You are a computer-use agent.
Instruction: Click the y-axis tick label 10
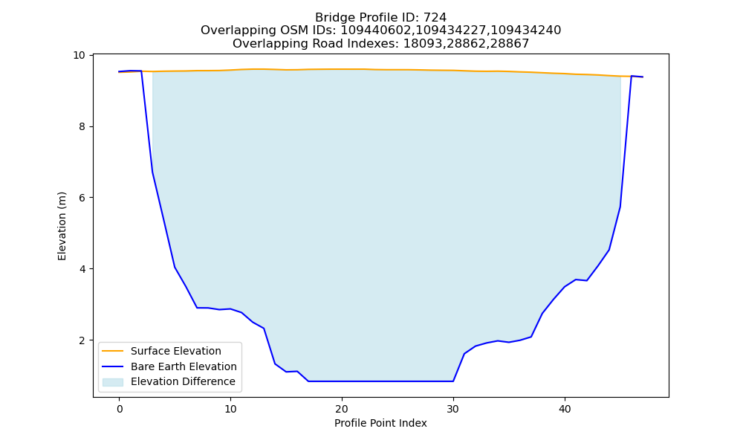coord(79,56)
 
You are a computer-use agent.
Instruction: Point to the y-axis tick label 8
coord(82,126)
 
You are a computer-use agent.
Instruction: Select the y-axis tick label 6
coord(82,198)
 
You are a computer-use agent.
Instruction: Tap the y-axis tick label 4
coord(82,269)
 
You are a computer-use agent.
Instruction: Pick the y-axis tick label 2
coord(82,340)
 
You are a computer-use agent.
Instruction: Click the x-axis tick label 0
coord(119,409)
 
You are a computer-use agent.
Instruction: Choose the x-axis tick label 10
coord(230,409)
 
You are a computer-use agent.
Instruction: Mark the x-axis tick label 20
coord(342,409)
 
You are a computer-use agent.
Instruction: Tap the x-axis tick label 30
coord(453,409)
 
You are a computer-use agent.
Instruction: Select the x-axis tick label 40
coord(565,409)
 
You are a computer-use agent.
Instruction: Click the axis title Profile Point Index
coord(380,423)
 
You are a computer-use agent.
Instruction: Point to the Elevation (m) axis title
coord(62,226)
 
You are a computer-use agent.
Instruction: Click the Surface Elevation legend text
coord(176,351)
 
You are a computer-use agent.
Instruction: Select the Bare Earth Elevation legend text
coord(184,366)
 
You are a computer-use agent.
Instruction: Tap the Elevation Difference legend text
coord(183,381)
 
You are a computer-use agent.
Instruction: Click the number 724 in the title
coord(435,18)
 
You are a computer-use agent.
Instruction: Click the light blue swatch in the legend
coord(113,382)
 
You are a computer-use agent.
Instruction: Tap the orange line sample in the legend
coord(113,351)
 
